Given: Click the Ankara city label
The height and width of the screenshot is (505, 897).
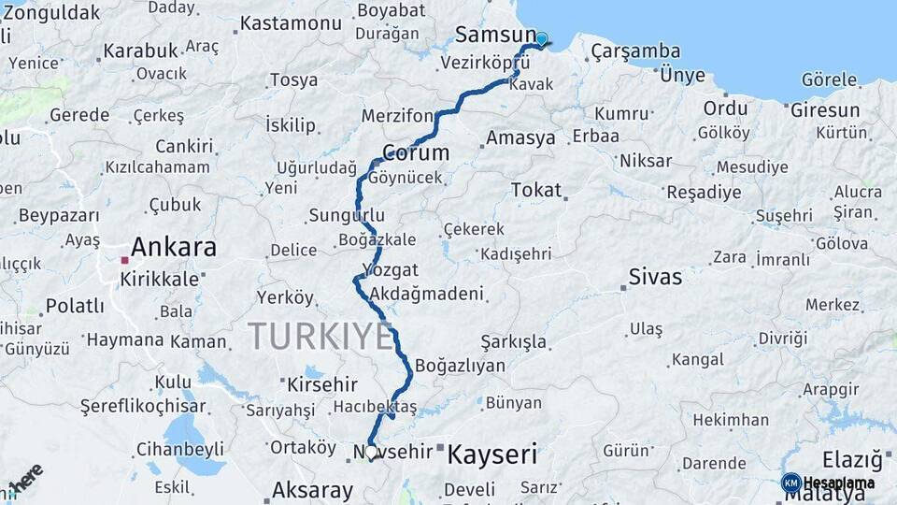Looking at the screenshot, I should [x=174, y=248].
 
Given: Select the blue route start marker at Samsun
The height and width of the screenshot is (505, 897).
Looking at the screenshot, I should [x=541, y=39].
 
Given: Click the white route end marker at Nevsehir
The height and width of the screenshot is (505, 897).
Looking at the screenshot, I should [x=371, y=452].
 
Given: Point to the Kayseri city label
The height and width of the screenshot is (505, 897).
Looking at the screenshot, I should [x=492, y=455].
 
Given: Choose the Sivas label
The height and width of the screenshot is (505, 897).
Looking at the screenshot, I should [x=655, y=278].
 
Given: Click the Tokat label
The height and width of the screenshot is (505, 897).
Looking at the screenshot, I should [x=536, y=190].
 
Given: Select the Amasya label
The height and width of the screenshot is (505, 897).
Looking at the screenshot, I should [x=520, y=138].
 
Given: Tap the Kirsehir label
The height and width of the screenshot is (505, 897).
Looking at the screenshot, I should [x=322, y=384].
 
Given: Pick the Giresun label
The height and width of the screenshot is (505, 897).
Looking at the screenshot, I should [x=825, y=110].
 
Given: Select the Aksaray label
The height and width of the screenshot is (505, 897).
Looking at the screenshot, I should [x=313, y=490].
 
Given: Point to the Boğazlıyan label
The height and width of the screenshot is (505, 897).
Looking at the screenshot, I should [x=460, y=366].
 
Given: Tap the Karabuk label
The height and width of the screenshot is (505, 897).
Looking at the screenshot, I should [x=140, y=50].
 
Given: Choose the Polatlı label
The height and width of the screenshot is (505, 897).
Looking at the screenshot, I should [x=75, y=306].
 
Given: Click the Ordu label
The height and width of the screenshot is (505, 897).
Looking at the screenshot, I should [x=726, y=108].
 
